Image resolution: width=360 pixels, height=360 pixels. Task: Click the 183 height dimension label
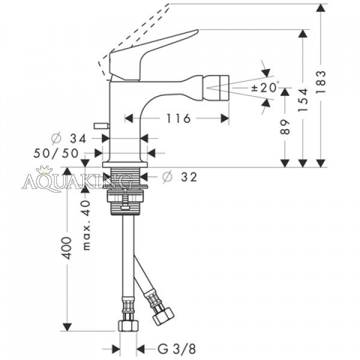pos(321,81)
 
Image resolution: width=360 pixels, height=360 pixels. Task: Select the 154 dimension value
pos(303,100)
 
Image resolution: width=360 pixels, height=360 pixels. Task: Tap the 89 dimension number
pos(285,127)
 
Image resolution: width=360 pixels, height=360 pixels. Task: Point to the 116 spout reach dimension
pos(178,118)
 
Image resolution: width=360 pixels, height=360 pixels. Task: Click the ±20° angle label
pos(265,87)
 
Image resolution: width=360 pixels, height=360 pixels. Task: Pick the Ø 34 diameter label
pos(69,139)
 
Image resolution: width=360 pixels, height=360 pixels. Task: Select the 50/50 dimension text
pos(56,153)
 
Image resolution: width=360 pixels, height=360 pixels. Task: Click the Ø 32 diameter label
pos(180,177)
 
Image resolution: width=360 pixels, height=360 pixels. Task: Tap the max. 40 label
pos(86,225)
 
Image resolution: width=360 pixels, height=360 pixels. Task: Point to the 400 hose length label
pos(67,248)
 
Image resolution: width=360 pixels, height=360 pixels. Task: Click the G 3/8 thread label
pos(176,349)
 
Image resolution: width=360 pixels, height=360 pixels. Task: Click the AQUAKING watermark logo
pos(77,181)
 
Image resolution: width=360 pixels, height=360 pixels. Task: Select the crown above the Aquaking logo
pos(45,169)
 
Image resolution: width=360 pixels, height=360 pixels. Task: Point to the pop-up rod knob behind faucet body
pos(101,125)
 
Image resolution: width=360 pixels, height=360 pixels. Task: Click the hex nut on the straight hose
pos(128,326)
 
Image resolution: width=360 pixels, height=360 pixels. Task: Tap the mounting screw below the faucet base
pos(125,200)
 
